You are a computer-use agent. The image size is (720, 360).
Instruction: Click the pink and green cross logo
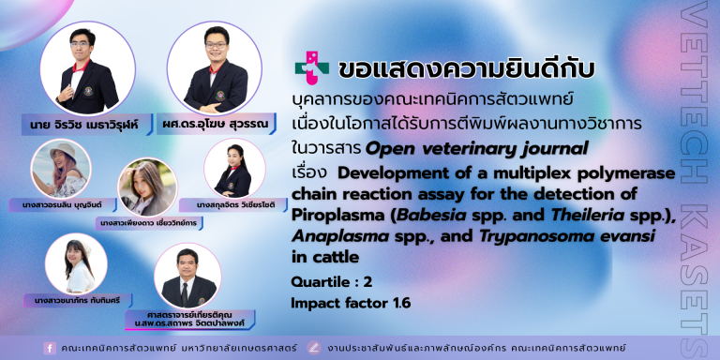pyautogui.click(x=312, y=67)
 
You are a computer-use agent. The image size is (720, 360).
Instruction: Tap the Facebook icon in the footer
pyautogui.click(x=50, y=348)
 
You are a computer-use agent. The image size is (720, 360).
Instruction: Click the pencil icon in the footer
pyautogui.click(x=314, y=348)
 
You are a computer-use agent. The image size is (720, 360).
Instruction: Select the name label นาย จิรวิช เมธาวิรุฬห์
pyautogui.click(x=86, y=124)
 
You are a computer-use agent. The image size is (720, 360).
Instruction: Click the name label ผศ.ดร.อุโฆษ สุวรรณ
pyautogui.click(x=216, y=124)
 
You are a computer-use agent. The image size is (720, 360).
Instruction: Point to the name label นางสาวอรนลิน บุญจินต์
pyautogui.click(x=63, y=204)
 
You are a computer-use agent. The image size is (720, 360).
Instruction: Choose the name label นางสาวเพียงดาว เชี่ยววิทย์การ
pyautogui.click(x=149, y=223)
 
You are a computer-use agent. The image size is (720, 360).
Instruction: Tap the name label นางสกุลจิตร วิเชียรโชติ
pyautogui.click(x=233, y=204)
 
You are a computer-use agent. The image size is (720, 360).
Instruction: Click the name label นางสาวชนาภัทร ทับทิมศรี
pyautogui.click(x=78, y=301)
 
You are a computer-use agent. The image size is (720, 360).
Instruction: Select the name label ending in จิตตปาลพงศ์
pyautogui.click(x=189, y=320)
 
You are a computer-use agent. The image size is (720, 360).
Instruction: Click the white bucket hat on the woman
pyautogui.click(x=63, y=151)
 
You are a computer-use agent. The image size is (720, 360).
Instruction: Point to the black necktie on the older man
pyautogui.click(x=185, y=294)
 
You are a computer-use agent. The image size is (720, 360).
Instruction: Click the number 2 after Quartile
pyautogui.click(x=367, y=282)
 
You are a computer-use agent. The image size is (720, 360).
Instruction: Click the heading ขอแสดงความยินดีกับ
pyautogui.click(x=467, y=69)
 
